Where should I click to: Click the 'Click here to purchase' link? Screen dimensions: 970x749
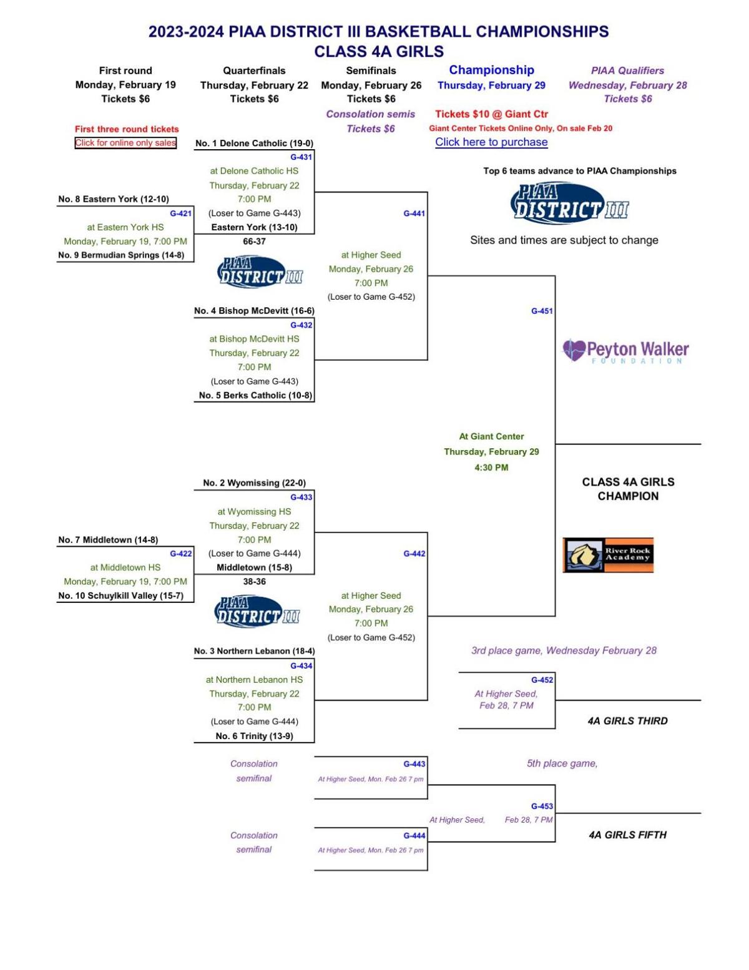pos(491,142)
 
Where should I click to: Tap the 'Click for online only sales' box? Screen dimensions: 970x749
pos(125,143)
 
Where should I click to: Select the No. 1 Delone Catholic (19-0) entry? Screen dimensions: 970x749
pos(254,144)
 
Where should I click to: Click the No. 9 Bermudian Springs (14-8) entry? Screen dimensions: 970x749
pos(121,255)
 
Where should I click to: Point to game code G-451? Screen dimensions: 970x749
pos(541,311)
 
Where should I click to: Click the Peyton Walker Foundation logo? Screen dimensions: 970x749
pos(625,351)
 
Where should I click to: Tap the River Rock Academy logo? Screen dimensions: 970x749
pos(608,554)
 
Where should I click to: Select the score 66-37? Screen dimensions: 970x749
pos(254,242)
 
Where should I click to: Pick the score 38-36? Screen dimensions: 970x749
pos(254,582)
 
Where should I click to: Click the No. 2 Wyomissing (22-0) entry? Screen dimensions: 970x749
pos(254,483)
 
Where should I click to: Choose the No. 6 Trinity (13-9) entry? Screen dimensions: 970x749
pos(254,736)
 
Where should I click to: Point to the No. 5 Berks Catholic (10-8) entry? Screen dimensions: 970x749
pos(255,395)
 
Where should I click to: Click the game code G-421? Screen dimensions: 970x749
pos(180,213)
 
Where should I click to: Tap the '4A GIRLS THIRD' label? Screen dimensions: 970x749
pos(627,721)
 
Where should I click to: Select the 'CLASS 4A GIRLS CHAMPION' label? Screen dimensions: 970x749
pos(628,489)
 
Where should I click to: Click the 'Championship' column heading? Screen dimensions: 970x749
pos(491,71)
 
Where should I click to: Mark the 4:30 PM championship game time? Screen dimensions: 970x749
pos(491,468)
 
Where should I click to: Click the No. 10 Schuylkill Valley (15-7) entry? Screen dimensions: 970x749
pos(121,596)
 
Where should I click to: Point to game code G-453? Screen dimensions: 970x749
pos(541,806)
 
